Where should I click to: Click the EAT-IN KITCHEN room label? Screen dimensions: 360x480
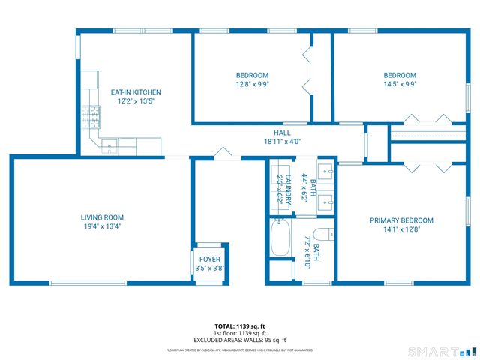(136, 92)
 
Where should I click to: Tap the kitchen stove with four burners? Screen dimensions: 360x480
(91, 116)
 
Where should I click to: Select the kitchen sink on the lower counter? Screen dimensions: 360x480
(110, 145)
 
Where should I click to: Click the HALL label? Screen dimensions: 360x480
(282, 133)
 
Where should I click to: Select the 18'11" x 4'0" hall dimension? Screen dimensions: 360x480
(282, 141)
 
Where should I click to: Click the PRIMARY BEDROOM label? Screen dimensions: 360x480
(401, 220)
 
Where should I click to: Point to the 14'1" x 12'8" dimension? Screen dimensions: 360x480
(401, 229)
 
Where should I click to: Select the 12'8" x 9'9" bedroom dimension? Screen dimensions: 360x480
(252, 84)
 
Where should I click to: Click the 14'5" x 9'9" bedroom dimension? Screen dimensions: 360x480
(400, 84)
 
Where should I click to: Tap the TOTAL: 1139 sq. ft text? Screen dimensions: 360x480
(240, 326)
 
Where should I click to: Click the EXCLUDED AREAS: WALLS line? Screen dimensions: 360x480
(240, 340)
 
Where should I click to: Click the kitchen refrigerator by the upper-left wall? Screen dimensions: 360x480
(90, 79)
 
